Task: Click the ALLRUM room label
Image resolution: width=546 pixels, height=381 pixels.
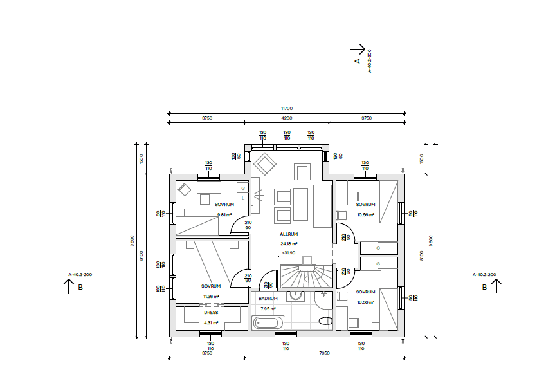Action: coord(288,234)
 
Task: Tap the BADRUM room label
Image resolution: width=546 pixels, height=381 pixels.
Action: coord(268,299)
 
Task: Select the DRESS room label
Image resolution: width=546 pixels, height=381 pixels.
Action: coord(211,312)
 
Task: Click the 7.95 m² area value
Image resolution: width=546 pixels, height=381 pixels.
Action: coord(268,308)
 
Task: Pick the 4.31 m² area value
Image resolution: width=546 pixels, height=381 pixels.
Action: coord(211,322)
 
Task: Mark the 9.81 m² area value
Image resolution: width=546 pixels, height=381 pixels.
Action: coord(224,215)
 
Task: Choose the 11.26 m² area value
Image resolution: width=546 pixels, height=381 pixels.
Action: coord(211,296)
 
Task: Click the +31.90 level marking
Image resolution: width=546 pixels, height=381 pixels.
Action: coord(288,252)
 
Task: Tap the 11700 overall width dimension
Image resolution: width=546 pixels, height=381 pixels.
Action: coord(287,109)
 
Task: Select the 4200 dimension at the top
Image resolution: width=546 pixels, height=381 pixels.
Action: coord(287,118)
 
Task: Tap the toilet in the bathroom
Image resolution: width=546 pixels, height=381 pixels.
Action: coord(324,321)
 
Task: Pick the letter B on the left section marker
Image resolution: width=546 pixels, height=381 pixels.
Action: coord(80,288)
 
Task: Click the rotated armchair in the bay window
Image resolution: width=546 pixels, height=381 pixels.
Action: coord(264,163)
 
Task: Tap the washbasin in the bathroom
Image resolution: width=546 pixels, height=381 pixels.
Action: coord(296,296)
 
